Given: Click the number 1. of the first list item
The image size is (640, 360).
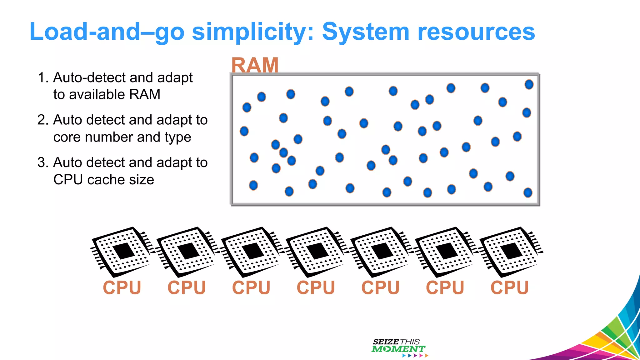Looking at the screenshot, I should [43, 77].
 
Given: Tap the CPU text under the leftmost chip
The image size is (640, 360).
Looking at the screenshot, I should [122, 287].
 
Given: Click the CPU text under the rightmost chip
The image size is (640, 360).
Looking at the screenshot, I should [510, 287].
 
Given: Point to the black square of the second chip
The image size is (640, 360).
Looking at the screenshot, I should [188, 251].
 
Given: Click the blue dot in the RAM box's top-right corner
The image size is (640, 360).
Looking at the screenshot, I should [529, 84].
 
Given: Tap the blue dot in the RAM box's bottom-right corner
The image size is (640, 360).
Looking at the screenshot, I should [528, 192].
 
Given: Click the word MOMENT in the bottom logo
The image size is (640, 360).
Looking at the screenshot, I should [398, 349].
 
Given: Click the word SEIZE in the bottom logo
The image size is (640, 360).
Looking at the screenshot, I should [386, 342].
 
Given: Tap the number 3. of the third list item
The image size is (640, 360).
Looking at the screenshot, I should [43, 162].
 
